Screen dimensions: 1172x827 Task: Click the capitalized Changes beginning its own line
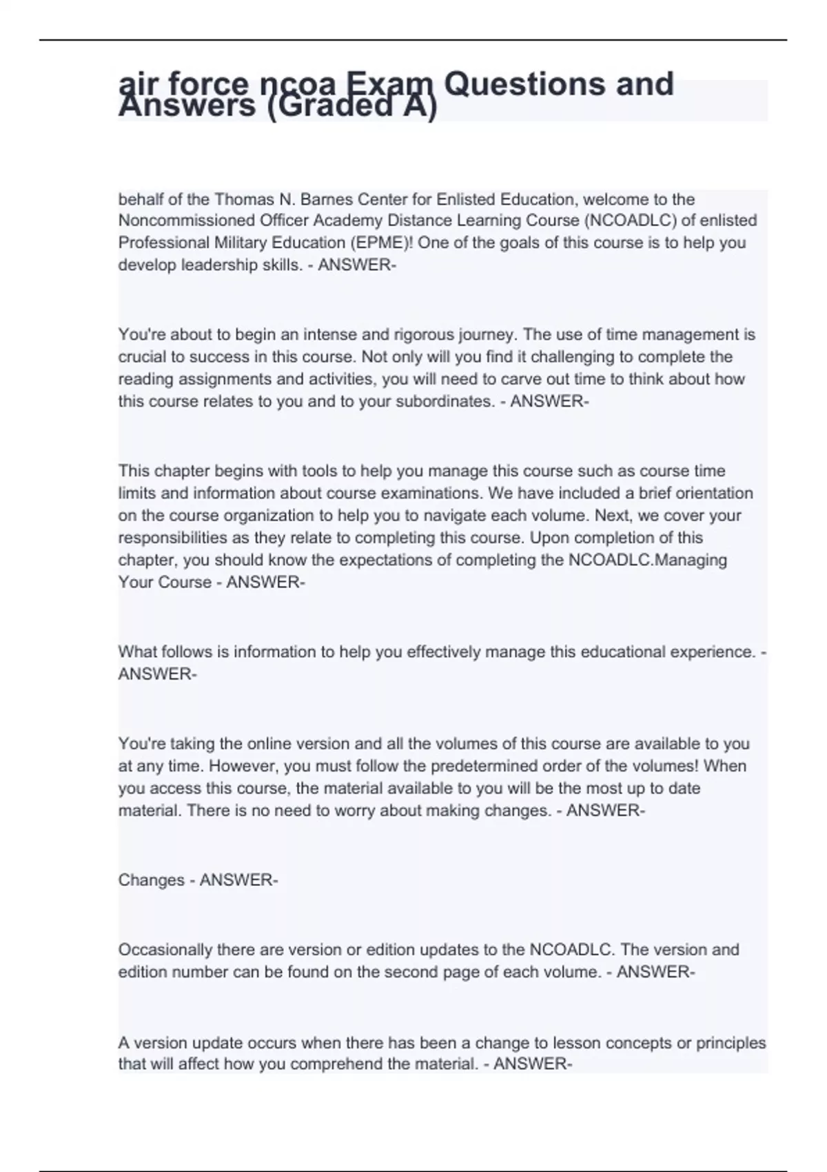pyautogui.click(x=151, y=880)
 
